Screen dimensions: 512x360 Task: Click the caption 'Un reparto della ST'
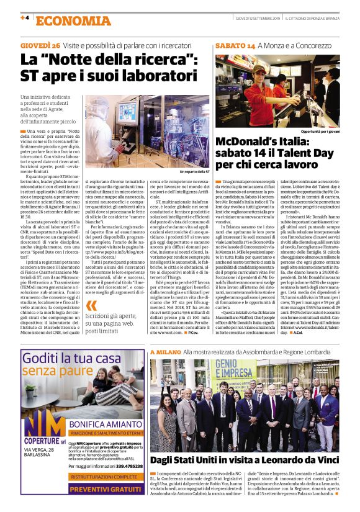pos(194,171)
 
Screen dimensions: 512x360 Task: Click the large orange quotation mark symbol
pos(92,305)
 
